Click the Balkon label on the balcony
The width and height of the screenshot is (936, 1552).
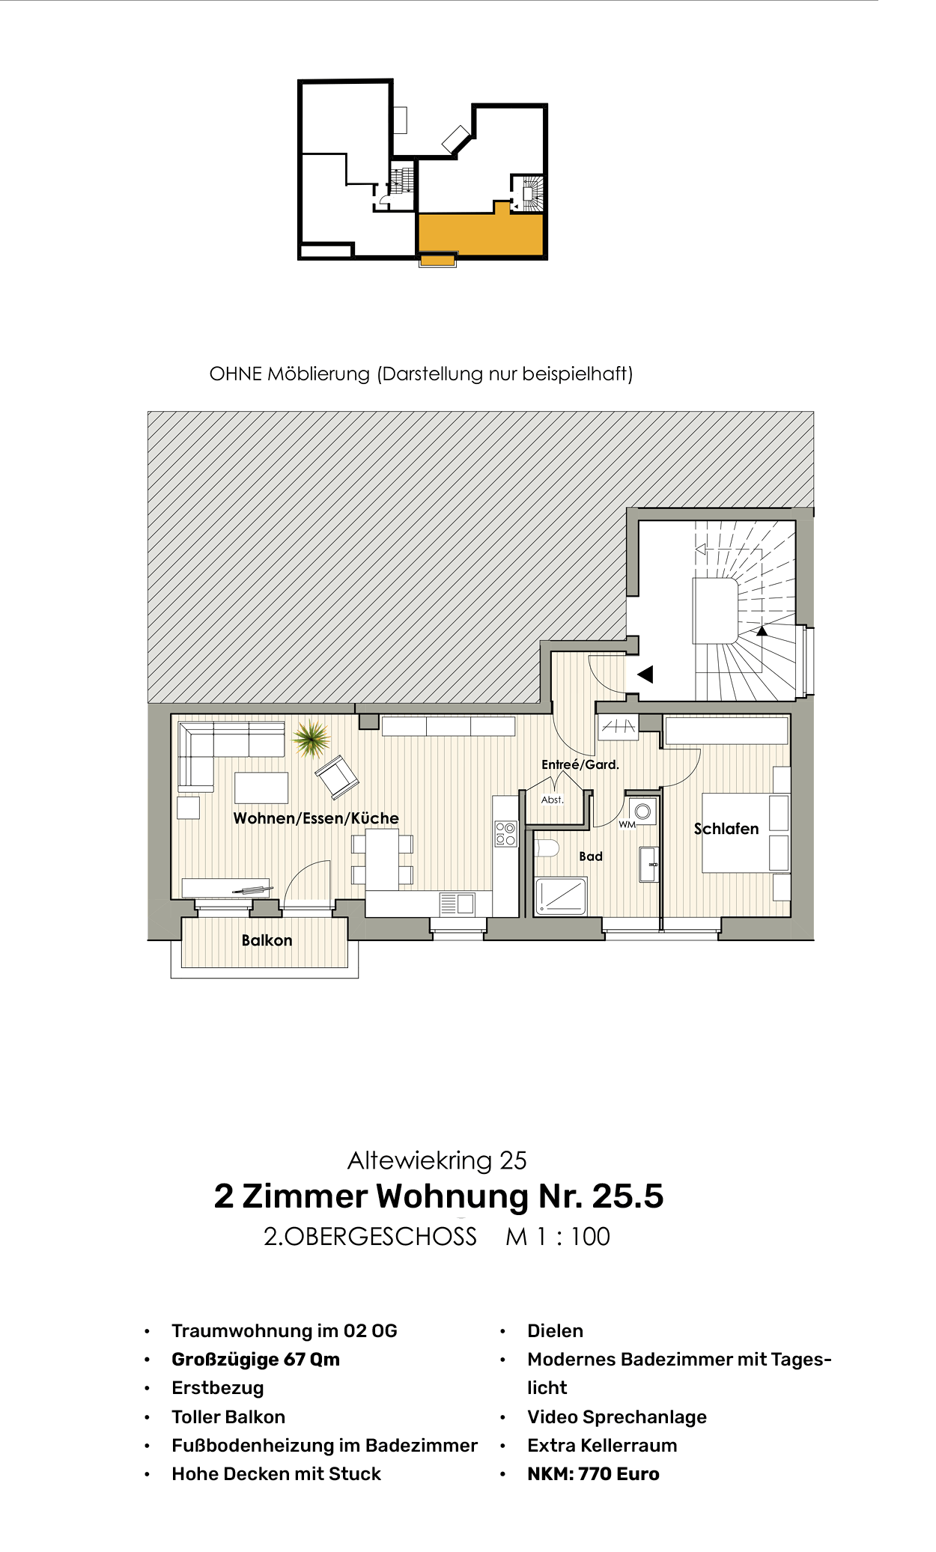[267, 940]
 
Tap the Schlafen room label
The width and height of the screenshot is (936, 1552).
[726, 829]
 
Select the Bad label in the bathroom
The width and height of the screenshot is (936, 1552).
[591, 856]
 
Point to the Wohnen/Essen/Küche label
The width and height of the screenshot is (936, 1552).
[316, 818]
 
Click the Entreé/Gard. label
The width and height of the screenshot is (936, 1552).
[580, 764]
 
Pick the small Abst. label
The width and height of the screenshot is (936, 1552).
[553, 800]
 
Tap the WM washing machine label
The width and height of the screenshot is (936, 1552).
[627, 824]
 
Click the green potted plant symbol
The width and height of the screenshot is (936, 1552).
[311, 738]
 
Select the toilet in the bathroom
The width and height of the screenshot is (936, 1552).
[547, 848]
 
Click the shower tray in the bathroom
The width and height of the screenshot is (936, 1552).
[561, 895]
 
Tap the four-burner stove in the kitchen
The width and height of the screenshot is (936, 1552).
[505, 834]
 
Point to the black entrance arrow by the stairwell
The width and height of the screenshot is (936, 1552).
[645, 675]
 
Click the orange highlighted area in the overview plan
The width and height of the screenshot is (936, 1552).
[479, 234]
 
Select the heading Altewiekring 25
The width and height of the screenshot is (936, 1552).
[437, 1160]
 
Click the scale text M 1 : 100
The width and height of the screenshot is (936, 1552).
[558, 1237]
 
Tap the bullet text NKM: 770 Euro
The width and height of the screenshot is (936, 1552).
[593, 1474]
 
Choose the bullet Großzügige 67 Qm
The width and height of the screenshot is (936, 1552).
[255, 1360]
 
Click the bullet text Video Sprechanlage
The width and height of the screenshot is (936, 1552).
[617, 1417]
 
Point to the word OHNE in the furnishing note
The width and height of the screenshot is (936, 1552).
[236, 374]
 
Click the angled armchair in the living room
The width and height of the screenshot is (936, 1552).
[337, 776]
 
